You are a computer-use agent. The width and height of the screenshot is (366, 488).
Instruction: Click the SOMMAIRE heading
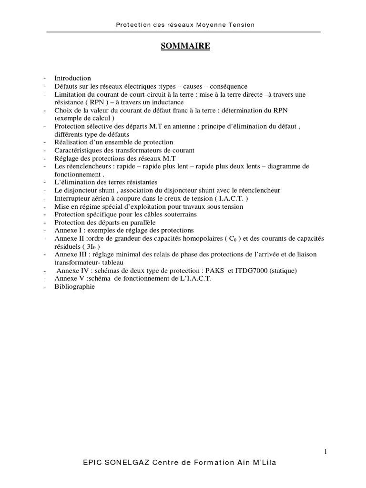183,46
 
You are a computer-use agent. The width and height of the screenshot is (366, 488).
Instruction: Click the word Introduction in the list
72,78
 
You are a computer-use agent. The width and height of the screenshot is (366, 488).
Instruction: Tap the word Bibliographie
75,287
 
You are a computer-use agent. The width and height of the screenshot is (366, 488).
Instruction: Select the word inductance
166,102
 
